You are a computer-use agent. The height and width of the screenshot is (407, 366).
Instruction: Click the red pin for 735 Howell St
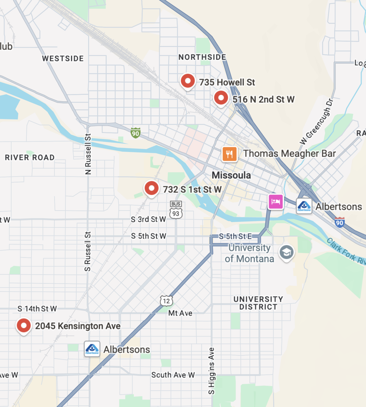pos(188,81)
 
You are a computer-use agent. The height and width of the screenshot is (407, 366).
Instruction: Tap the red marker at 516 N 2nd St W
pos(221,98)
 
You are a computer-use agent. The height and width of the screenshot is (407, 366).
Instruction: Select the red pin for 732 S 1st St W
pos(151,188)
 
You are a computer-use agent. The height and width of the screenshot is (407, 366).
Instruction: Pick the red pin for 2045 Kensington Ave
pos(24,325)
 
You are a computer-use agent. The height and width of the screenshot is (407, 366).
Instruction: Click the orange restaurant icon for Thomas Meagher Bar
pos(229,154)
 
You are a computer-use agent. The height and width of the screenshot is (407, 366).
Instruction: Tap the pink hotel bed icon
pos(275,201)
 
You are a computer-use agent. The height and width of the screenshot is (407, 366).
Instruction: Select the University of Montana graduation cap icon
pos(286,252)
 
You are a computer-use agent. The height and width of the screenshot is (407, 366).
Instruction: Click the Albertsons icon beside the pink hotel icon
pos(304,206)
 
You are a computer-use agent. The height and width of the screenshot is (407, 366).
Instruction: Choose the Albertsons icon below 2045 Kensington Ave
pos(92,349)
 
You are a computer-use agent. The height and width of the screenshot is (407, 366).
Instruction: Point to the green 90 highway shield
pos(136,133)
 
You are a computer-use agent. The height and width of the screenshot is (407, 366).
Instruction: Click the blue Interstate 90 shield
pos(339,223)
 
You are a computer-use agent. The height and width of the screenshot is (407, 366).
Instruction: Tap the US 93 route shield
pos(176,213)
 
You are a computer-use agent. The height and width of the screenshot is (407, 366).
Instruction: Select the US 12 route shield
pos(166,301)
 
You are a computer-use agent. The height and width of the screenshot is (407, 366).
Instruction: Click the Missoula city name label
pos(231,175)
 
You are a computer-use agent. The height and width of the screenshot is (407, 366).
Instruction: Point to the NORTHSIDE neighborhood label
pos(202,57)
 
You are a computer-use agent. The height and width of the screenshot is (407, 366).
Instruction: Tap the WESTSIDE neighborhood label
pos(63,59)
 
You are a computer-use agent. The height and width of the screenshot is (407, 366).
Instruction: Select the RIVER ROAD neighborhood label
pos(30,158)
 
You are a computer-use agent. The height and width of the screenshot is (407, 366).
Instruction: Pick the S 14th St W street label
pos(37,309)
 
